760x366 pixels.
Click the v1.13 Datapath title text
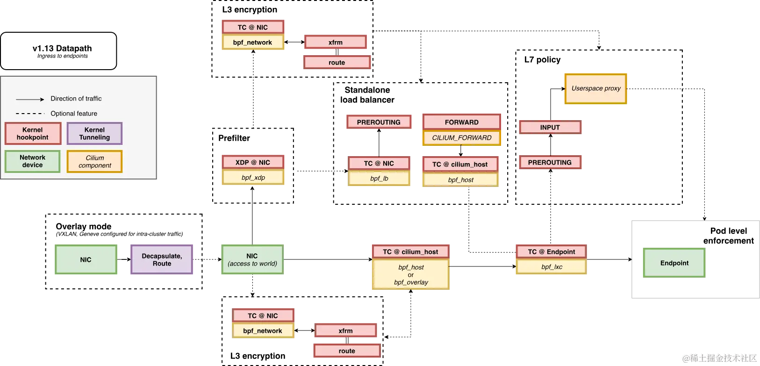pyautogui.click(x=62, y=48)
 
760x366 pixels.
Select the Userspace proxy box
pyautogui.click(x=595, y=88)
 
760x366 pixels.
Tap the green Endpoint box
pyautogui.click(x=674, y=263)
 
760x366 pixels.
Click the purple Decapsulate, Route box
pyautogui.click(x=162, y=260)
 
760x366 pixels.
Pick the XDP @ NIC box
pyautogui.click(x=253, y=162)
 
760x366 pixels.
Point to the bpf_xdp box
pyautogui.click(x=253, y=178)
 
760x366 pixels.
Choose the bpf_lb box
pyautogui.click(x=379, y=179)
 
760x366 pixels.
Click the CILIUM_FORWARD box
pyautogui.click(x=461, y=138)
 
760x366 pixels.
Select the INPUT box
pyautogui.click(x=550, y=127)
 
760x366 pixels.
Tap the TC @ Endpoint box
pyautogui.click(x=551, y=251)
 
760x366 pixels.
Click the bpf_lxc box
pyautogui.click(x=552, y=267)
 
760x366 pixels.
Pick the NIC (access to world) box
pyautogui.click(x=252, y=260)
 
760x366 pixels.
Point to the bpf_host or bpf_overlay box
pyautogui.click(x=411, y=275)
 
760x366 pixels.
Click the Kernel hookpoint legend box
pyautogui.click(x=33, y=134)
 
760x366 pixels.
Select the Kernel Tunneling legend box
pyautogui.click(x=94, y=134)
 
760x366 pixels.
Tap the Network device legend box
pyautogui.click(x=33, y=161)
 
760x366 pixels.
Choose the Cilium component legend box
pyautogui.click(x=94, y=162)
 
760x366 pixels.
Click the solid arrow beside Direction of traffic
pyautogui.click(x=30, y=99)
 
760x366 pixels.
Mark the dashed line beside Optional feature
pyautogui.click(x=30, y=114)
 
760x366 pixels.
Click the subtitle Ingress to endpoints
pyautogui.click(x=63, y=56)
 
